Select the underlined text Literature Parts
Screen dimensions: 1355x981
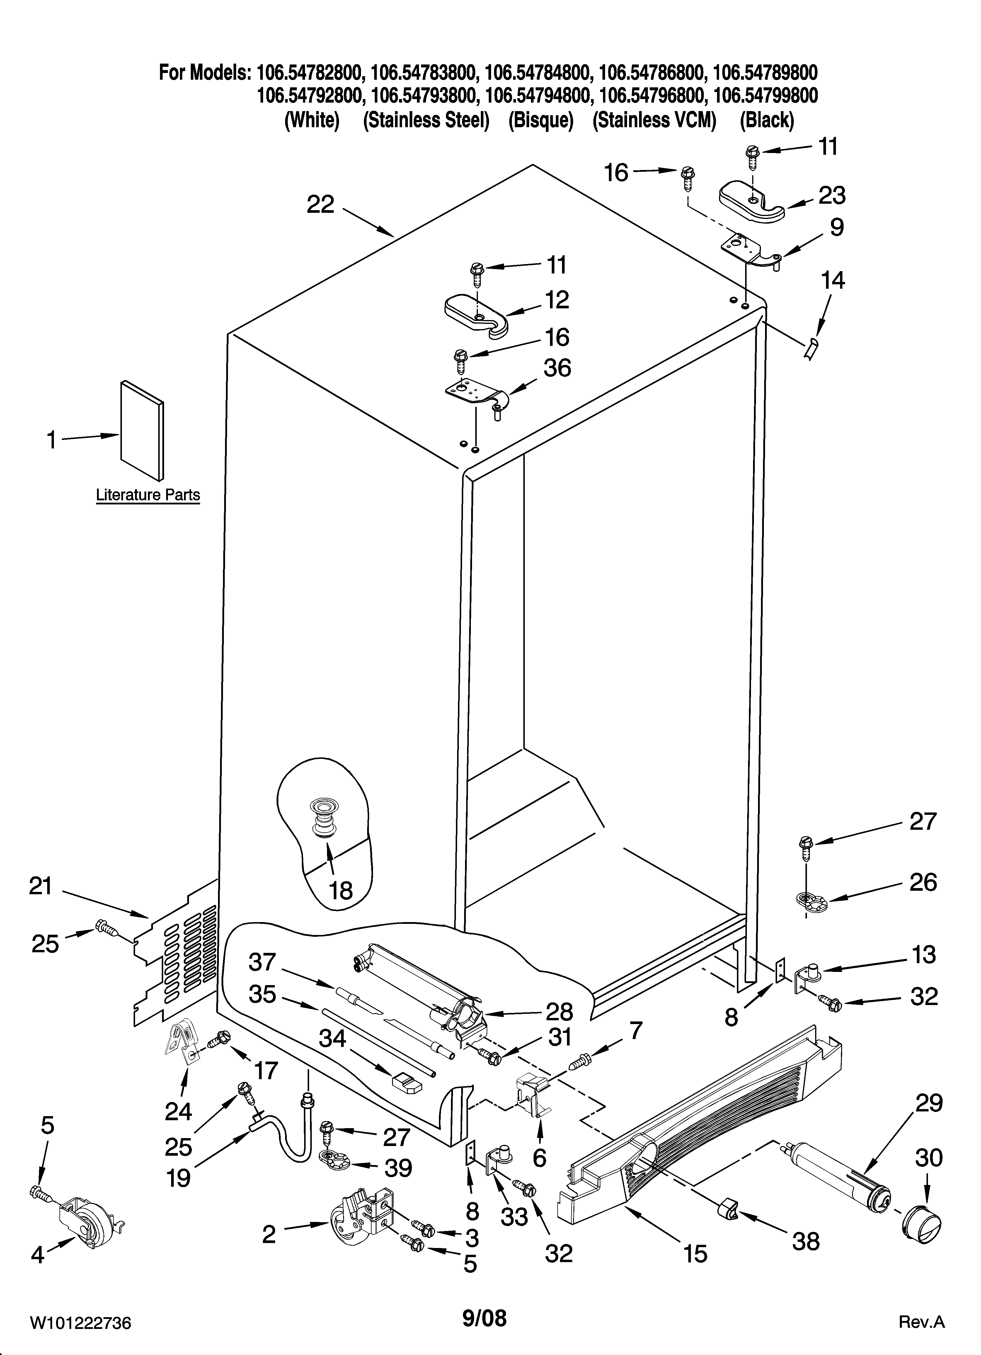click(x=148, y=495)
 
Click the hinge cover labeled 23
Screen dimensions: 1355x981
click(x=752, y=202)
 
